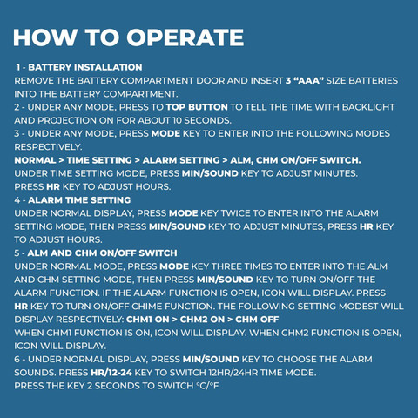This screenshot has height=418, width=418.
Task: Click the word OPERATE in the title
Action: tap(185, 37)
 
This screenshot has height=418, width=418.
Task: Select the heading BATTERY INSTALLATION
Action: tap(85, 67)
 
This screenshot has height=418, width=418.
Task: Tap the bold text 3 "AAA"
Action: tap(305, 80)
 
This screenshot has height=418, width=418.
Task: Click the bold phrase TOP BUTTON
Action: tap(197, 107)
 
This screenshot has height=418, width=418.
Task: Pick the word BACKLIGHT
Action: tap(368, 107)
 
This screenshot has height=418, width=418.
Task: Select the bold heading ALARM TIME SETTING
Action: tap(79, 200)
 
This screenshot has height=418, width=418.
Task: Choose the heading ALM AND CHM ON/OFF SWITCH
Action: tap(102, 253)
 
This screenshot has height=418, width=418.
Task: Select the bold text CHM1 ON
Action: tap(148, 320)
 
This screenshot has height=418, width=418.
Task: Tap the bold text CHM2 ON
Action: tap(202, 320)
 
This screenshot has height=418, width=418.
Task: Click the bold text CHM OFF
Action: tap(257, 320)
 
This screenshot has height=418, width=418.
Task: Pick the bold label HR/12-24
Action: tap(111, 373)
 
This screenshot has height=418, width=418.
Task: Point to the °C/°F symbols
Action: tap(207, 386)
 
